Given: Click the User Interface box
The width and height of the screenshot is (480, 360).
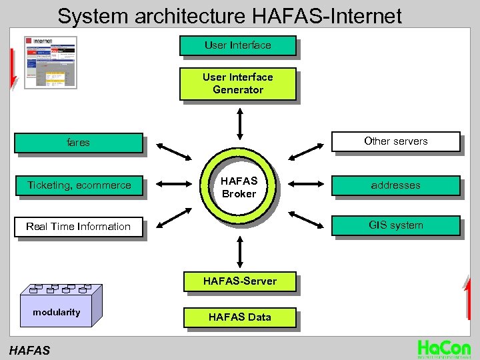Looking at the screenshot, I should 237,45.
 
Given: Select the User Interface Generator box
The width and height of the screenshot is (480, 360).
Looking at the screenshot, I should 237,83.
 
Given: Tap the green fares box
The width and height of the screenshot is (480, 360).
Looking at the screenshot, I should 79,143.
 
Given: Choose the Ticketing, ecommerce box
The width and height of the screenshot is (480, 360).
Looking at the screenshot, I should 79,185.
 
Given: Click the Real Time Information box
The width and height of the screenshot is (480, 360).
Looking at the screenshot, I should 79,227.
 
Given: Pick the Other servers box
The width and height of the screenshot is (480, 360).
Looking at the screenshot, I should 395,141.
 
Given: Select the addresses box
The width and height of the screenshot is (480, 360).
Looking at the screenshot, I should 395,185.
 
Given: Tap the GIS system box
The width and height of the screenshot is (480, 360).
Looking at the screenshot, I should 395,225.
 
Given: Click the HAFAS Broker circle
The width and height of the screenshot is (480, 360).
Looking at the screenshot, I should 239,187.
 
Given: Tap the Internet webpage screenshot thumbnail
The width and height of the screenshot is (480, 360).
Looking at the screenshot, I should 51,63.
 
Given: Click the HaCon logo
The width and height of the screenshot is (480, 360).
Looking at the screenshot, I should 443,348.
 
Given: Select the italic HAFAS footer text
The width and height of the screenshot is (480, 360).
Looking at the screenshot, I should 29,349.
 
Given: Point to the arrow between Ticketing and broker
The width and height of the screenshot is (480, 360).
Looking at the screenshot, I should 170,185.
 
